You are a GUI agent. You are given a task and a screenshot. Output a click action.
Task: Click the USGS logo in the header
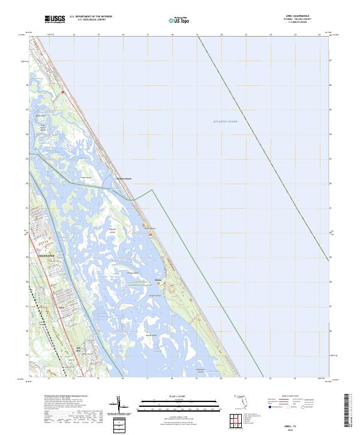coord(55,19)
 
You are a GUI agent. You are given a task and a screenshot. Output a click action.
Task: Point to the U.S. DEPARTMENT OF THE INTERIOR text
coord(91,17)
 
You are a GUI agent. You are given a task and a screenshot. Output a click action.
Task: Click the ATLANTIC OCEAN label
coord(226,122)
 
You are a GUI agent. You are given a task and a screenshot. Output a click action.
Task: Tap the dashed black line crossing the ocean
coord(264,150)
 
